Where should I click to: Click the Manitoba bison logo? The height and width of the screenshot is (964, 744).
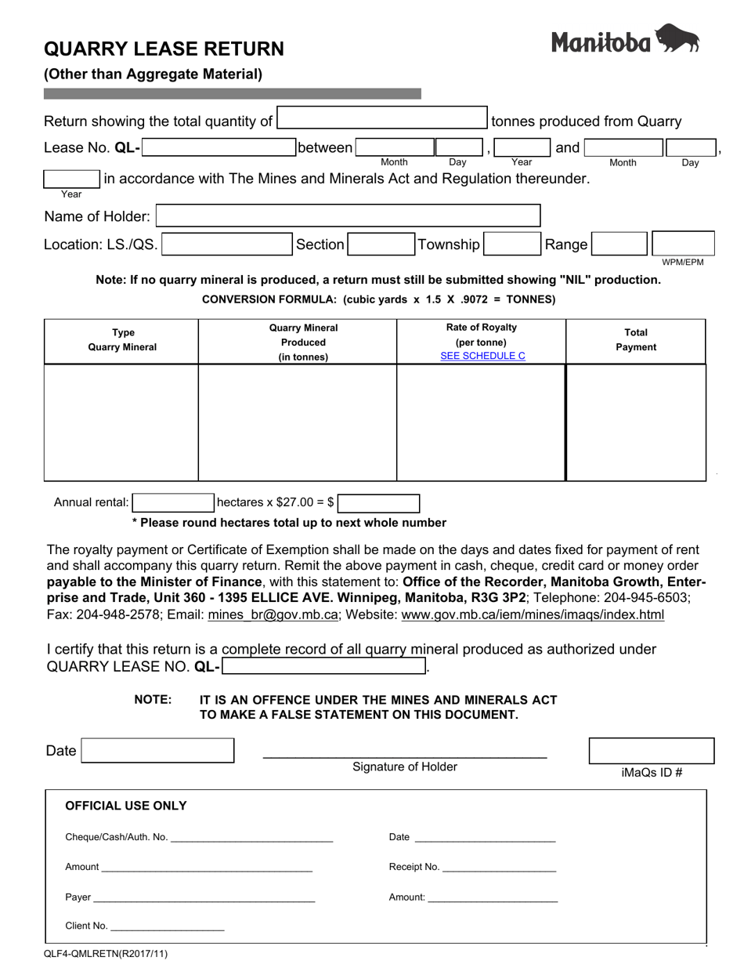click(625, 39)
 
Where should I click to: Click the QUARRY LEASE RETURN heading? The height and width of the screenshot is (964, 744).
click(164, 49)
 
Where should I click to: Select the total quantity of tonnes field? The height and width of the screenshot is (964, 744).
click(382, 118)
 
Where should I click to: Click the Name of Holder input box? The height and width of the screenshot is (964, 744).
click(348, 216)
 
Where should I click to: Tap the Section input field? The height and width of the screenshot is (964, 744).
click(380, 245)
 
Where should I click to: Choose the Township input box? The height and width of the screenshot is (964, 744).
click(511, 245)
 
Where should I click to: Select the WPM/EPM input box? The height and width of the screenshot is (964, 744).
click(683, 243)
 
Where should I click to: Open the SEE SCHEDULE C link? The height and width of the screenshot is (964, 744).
click(482, 356)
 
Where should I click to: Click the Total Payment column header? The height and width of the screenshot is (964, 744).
click(635, 340)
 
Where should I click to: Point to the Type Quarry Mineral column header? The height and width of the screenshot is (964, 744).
click(121, 340)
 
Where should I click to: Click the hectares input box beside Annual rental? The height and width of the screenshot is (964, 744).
click(172, 502)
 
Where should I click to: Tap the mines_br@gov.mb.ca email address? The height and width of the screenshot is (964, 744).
click(273, 615)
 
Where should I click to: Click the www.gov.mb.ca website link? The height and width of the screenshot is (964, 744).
click(533, 615)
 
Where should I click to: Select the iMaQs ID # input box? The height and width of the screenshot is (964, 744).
click(651, 750)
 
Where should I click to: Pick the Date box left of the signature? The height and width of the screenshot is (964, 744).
click(157, 750)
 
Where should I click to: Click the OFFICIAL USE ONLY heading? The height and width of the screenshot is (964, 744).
click(126, 806)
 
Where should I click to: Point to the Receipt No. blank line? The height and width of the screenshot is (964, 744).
click(499, 868)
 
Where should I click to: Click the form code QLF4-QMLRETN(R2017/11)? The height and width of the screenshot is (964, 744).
click(106, 954)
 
